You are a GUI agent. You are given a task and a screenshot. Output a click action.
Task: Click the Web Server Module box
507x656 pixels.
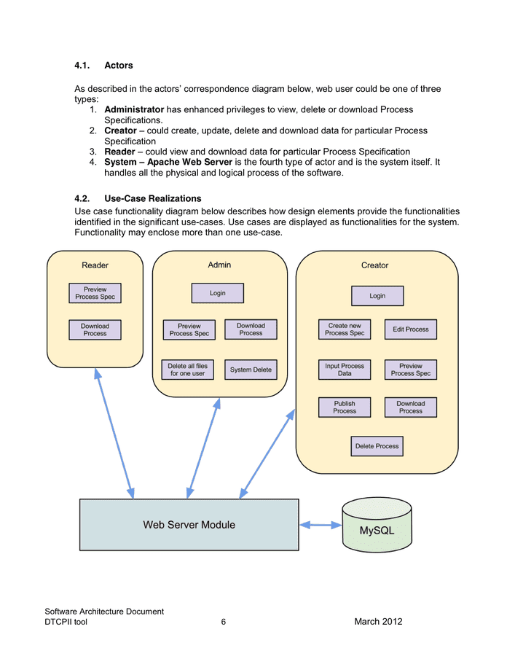189,525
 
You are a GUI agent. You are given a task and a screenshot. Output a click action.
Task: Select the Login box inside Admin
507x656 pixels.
217,293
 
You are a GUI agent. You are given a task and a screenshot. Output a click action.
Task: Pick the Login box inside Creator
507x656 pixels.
377,296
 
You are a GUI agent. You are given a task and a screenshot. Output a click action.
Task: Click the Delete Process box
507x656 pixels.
377,446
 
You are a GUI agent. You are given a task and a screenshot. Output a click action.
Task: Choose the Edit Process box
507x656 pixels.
411,329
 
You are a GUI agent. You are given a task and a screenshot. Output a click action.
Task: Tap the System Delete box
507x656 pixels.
251,370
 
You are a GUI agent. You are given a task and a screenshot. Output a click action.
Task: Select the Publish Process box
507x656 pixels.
345,407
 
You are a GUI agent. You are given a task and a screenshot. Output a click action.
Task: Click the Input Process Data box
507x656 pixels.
345,370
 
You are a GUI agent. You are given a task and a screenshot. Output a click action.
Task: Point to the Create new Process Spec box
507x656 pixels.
345,329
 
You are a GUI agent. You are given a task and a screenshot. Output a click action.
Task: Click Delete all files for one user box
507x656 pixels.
188,370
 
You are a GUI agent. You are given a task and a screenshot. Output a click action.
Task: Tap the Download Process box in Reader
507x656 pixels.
95,330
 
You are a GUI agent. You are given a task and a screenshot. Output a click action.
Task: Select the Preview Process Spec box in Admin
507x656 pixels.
189,330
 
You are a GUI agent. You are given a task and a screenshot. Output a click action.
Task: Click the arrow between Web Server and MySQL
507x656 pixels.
321,525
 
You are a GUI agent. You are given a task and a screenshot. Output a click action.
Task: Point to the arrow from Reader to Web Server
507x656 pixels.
114,434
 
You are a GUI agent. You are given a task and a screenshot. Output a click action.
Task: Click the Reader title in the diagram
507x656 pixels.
95,265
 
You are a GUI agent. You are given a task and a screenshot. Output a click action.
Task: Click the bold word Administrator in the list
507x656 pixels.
134,109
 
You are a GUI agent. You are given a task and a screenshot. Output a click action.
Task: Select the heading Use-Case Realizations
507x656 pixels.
153,198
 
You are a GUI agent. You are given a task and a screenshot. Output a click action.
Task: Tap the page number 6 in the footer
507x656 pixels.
224,622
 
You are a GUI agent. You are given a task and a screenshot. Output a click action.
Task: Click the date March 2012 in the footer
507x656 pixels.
378,622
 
